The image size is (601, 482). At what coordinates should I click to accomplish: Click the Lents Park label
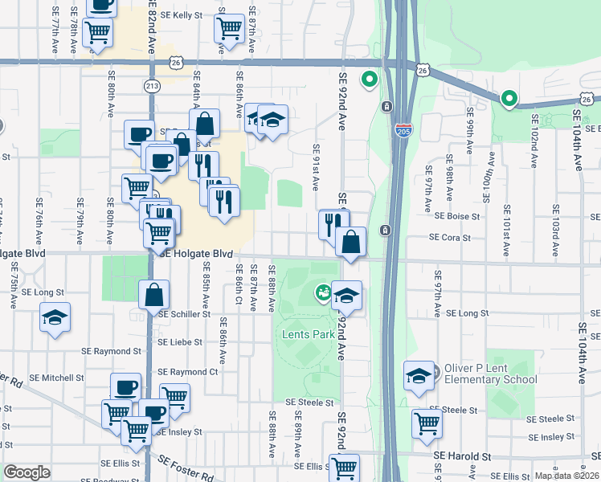tap(308, 333)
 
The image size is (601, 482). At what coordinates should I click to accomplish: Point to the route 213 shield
tap(152, 86)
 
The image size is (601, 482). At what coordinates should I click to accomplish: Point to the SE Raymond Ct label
tap(188, 372)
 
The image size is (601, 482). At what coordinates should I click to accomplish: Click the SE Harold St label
tap(462, 455)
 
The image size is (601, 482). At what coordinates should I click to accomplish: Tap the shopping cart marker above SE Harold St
tap(427, 423)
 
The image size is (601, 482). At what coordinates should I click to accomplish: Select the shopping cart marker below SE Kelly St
tap(229, 29)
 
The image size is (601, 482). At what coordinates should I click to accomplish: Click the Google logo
tap(27, 472)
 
